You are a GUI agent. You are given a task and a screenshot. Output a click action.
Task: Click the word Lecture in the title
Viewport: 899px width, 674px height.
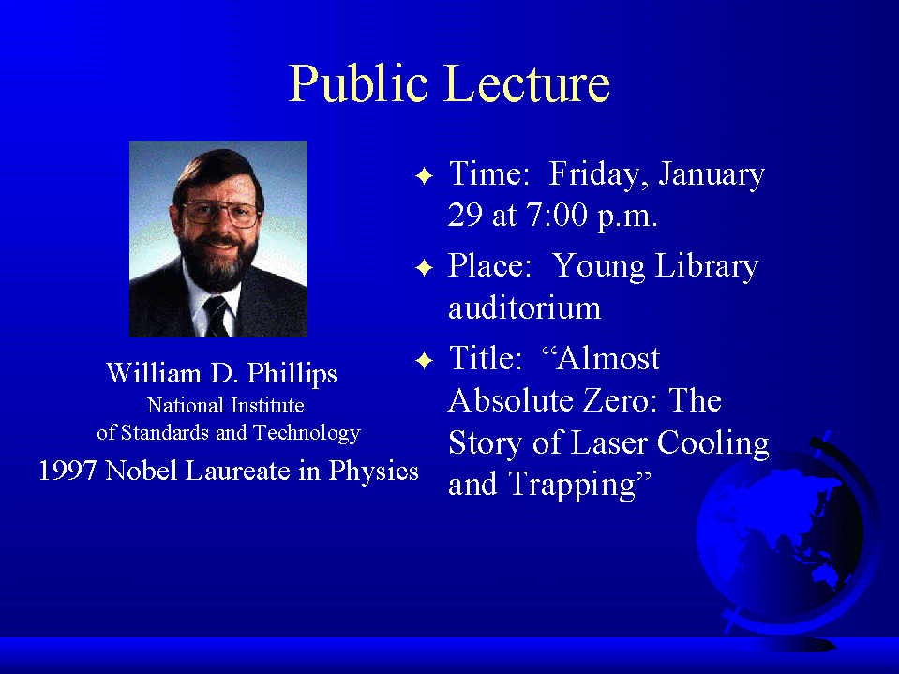coord(528,83)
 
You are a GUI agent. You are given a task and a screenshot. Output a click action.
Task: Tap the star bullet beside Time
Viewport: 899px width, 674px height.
coord(424,175)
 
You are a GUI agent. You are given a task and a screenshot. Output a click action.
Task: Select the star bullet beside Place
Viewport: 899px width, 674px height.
coord(424,267)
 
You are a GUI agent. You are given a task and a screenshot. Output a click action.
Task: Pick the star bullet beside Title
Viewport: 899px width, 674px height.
coord(424,360)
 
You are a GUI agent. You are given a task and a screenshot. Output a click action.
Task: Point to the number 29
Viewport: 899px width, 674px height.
coord(465,215)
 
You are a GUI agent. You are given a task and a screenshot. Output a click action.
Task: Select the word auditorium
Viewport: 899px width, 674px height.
coord(525,308)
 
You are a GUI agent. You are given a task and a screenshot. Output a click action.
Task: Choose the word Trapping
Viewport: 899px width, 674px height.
coord(572,486)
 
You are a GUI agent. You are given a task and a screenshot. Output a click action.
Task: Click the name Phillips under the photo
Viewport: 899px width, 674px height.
coord(292,375)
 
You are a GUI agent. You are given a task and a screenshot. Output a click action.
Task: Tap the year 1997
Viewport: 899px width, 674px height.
coord(67,472)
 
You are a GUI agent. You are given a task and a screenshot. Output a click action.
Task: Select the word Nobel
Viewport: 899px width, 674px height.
coord(141,472)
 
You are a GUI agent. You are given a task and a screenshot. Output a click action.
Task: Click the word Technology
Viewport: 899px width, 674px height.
coord(307,433)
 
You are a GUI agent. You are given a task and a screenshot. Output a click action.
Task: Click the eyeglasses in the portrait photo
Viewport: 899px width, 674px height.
coord(221,213)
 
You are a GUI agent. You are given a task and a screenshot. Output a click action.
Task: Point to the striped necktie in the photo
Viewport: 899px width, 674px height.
coord(217,317)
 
